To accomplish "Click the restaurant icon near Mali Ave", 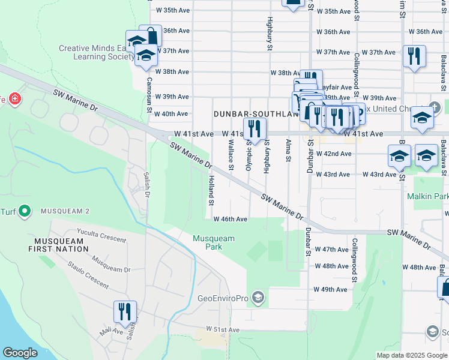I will (x=125, y=311).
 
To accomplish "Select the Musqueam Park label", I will (x=214, y=242).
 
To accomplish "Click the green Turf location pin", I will (x=25, y=211).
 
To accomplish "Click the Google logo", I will (x=20, y=353).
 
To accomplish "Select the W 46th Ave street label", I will (x=230, y=220).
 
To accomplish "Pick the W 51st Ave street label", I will (x=223, y=330).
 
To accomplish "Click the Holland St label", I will (x=211, y=190).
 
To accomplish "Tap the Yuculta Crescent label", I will (x=101, y=236).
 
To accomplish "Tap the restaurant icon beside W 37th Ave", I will (x=414, y=56).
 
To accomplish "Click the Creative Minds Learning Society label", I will (x=96, y=53).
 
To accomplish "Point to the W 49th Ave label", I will (x=330, y=289).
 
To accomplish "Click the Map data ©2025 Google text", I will (x=411, y=355).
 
